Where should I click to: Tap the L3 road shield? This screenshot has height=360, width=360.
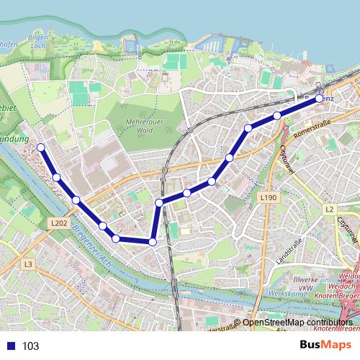click(x=27, y=264)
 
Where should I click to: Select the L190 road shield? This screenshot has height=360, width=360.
click(x=269, y=197)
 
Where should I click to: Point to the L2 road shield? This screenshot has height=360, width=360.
click(x=330, y=209)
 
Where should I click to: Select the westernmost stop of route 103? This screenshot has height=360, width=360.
click(x=41, y=148)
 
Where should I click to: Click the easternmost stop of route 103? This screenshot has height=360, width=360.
click(x=320, y=100)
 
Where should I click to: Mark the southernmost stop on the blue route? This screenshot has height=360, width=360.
click(x=153, y=242)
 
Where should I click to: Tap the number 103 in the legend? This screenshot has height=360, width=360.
click(x=31, y=346)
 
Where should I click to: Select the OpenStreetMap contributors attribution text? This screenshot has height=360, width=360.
click(x=297, y=323)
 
